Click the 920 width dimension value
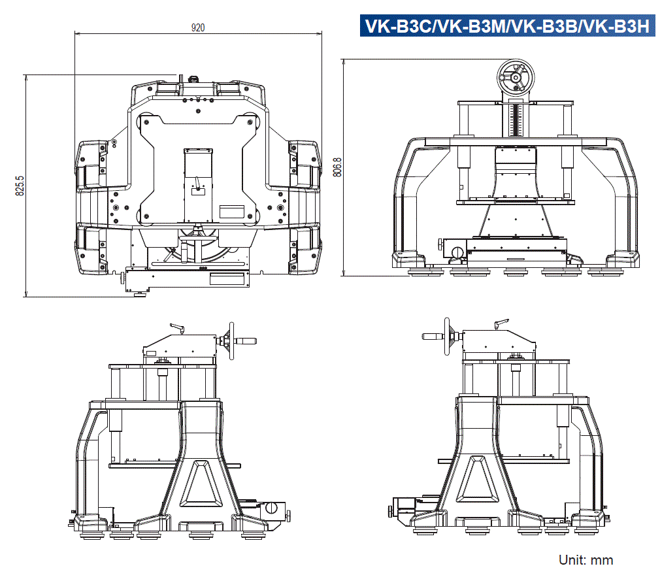pos(198,27)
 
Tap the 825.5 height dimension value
pos(20,186)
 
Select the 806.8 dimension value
pos(337,167)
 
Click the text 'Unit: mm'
pos(586,560)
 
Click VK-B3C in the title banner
pos(398,26)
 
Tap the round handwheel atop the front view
pos(516,77)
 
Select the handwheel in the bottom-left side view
pos(230,340)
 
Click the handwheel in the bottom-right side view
pos(448,337)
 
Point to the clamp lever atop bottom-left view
pos(176,327)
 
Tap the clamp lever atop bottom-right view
pos(501,323)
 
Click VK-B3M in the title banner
pos(471,26)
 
